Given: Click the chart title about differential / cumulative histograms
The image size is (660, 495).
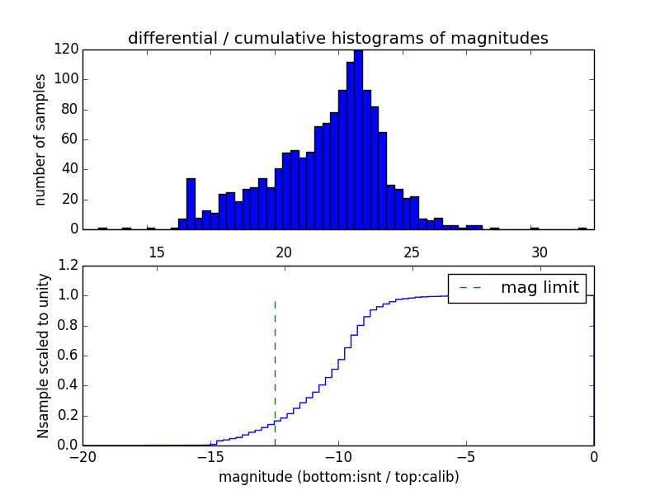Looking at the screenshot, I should coord(337,38).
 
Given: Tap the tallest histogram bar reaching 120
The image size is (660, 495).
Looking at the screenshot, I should coord(358,140).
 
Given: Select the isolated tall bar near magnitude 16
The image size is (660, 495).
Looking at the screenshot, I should coord(191,203).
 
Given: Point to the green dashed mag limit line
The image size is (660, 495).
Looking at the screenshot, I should coord(275,371).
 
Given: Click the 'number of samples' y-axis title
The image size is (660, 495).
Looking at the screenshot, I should coord(40,139).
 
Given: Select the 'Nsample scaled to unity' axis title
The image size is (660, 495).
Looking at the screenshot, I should coord(43,356).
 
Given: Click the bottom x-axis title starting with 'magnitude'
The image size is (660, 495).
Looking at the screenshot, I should coord(338,477).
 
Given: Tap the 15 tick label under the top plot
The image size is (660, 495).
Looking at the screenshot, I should coord(156,252).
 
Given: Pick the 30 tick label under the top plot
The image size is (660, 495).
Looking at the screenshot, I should coord(540,252).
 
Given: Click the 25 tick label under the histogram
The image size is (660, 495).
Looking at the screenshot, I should coord(412,252).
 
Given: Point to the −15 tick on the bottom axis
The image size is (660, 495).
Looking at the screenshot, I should coord(210,457).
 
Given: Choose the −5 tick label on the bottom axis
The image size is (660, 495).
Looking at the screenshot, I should coord(465,457).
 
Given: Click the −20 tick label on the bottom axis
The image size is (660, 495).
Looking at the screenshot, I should coord(82,457).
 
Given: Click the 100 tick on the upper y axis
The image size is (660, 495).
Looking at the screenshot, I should coord(66,79).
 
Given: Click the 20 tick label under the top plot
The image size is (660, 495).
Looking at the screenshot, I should coord(284,252).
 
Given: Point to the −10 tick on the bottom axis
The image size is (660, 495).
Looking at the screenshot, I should coord(337,457).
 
